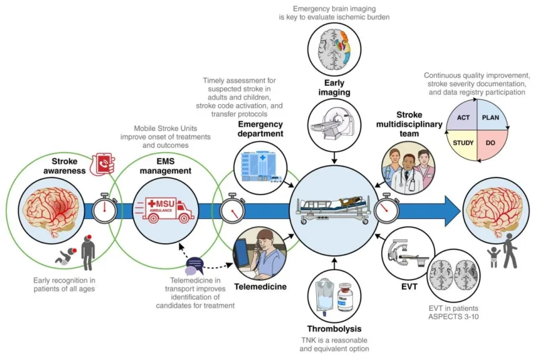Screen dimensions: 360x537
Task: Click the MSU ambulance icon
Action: point(164,209)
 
